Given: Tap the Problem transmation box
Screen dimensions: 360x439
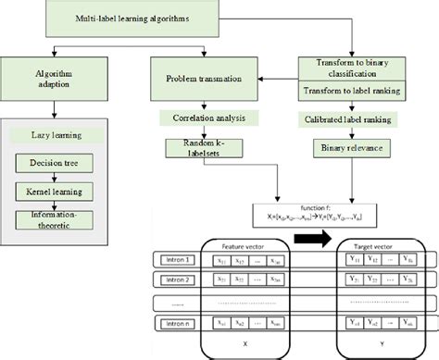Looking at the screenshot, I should pyautogui.click(x=198, y=81).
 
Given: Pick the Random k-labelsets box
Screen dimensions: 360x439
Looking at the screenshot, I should pyautogui.click(x=198, y=148).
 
